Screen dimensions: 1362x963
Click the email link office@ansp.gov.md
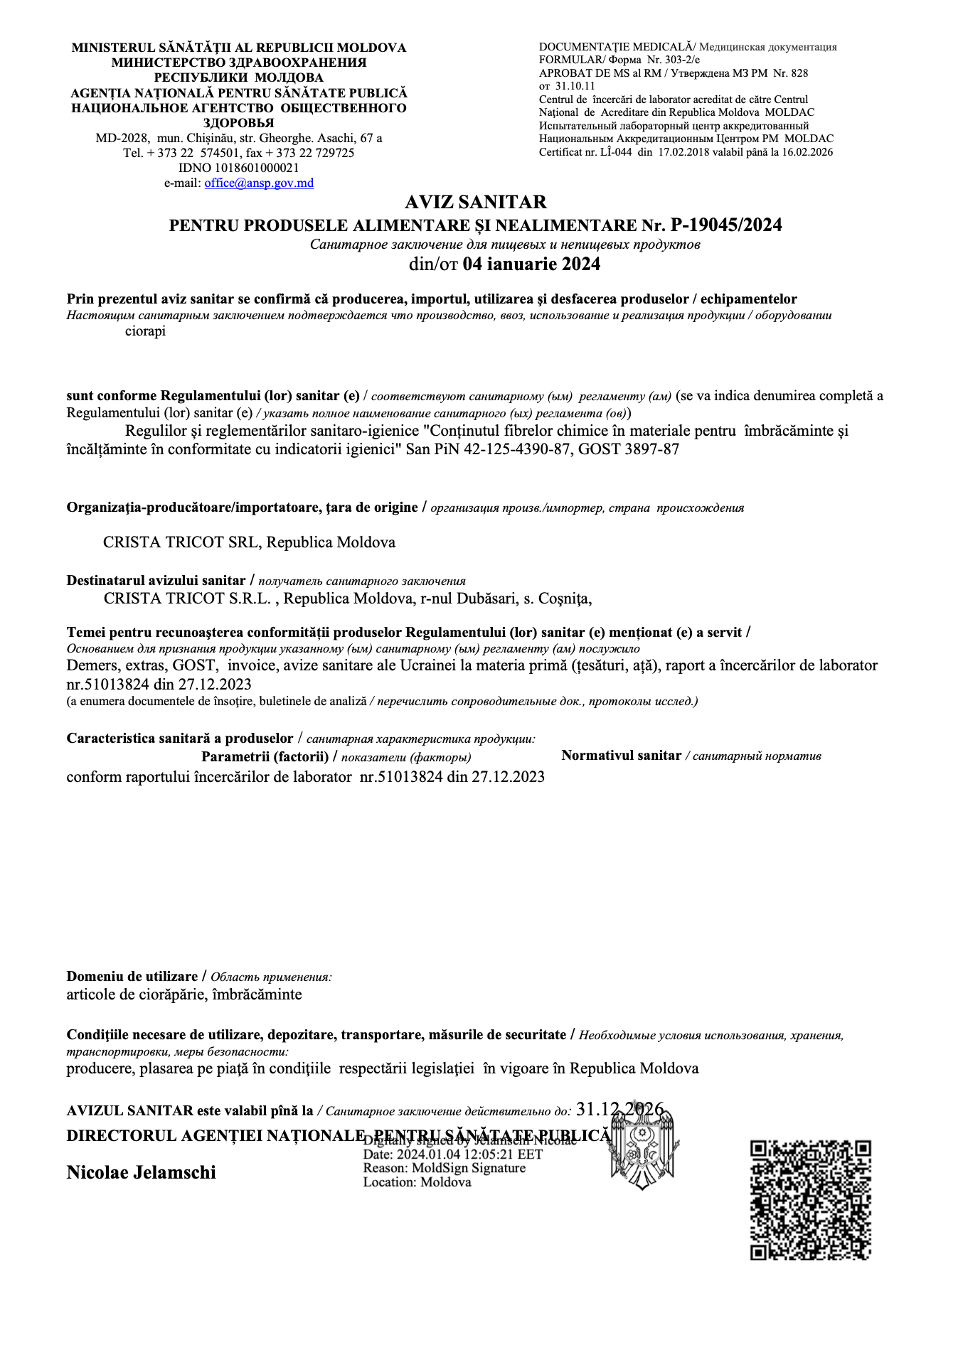(259, 183)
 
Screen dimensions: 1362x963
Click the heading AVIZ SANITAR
(475, 203)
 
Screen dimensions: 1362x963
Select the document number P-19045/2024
(726, 225)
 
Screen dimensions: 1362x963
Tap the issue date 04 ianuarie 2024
(531, 264)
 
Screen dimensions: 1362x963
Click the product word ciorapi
(145, 331)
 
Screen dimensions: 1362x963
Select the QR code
(811, 1200)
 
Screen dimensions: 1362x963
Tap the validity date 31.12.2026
(619, 1110)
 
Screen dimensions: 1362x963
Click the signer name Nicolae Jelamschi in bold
(141, 1173)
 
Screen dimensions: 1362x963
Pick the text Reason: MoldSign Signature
(444, 1168)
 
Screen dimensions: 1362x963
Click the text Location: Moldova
(417, 1182)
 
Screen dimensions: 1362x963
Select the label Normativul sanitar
(621, 756)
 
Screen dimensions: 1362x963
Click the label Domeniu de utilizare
(132, 977)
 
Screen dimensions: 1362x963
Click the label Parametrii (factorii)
(265, 756)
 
